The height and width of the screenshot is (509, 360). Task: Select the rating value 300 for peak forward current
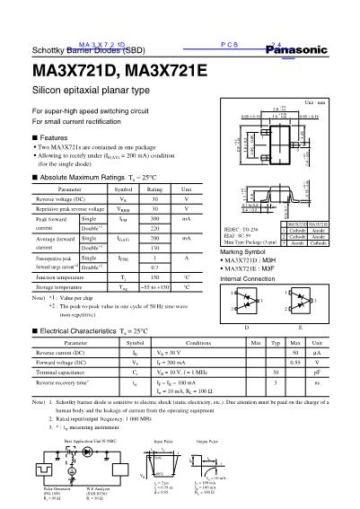click(x=154, y=219)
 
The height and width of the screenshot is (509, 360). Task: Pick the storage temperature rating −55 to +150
click(x=154, y=289)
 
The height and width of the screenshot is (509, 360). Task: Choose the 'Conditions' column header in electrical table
click(x=198, y=369)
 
